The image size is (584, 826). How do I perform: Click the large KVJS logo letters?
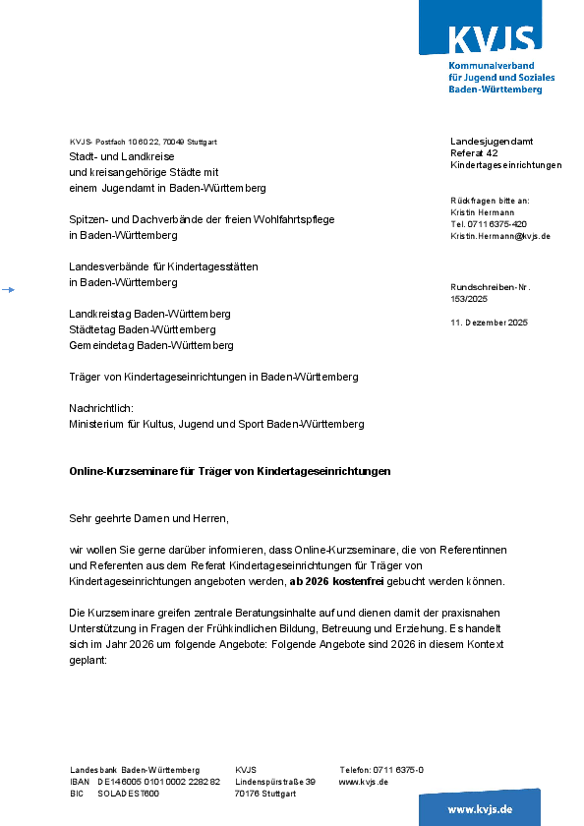coord(493,38)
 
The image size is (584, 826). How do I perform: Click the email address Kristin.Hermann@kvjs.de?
coord(500,237)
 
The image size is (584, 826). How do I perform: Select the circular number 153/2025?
coord(468,298)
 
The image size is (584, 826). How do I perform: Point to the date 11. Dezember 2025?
coord(489,323)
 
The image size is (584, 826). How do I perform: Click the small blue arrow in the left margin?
coord(9,289)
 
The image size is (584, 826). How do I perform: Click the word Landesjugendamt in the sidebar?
coord(492,142)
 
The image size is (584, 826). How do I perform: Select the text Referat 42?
coord(474,153)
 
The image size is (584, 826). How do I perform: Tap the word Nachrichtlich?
coord(100,407)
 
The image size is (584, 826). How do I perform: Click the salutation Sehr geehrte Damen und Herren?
coord(148,517)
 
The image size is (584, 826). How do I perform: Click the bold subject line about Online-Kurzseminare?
coord(230,471)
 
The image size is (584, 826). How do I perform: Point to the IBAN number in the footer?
coord(159,782)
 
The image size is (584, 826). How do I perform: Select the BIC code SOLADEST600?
coord(129,794)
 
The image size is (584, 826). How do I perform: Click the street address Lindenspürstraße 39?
coord(275,782)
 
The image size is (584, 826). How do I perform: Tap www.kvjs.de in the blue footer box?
coord(480,809)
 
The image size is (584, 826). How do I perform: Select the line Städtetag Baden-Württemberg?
coord(143,329)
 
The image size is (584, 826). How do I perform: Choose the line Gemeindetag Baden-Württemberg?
coord(151,346)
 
